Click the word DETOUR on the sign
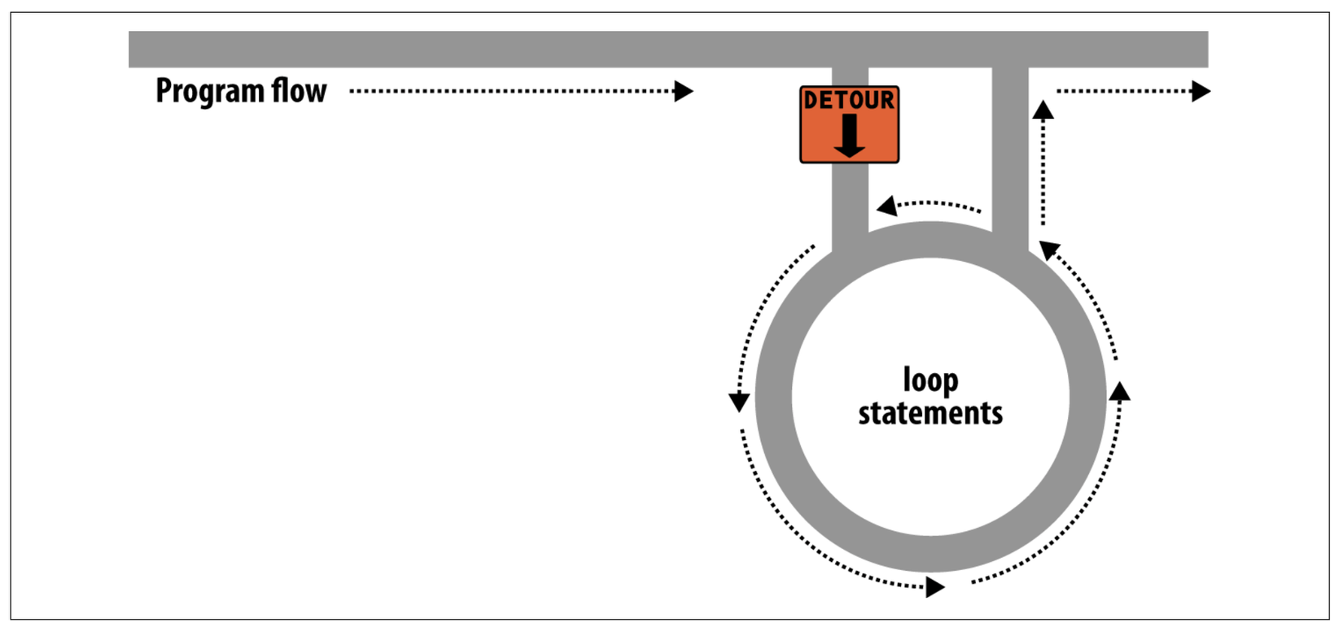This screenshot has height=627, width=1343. pyautogui.click(x=849, y=101)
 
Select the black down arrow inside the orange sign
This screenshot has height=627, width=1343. pyautogui.click(x=849, y=136)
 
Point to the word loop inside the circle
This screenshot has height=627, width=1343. pyautogui.click(x=930, y=381)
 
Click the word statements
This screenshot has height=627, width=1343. pyautogui.click(x=930, y=413)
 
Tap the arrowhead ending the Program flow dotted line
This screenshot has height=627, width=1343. pyautogui.click(x=684, y=91)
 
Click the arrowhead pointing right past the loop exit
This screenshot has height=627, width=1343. pyautogui.click(x=1201, y=91)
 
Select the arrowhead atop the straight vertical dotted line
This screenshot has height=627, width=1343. pyautogui.click(x=1043, y=110)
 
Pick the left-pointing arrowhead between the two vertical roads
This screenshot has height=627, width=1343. pyautogui.click(x=886, y=206)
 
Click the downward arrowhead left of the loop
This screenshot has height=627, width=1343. pyautogui.click(x=739, y=402)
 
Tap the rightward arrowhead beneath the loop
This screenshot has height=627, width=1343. pyautogui.click(x=935, y=586)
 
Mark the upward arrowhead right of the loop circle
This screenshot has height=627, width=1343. pyautogui.click(x=1120, y=390)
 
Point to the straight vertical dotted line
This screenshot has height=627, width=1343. pyautogui.click(x=1043, y=171)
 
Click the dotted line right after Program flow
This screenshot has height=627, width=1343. pyautogui.click(x=513, y=91)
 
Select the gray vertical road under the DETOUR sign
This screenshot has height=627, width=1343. pyautogui.click(x=850, y=203)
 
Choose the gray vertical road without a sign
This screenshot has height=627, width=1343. pyautogui.click(x=1010, y=146)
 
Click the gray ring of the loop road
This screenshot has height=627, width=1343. pyautogui.click(x=773, y=398)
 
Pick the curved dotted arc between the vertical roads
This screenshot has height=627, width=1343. pyautogui.click(x=936, y=203)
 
